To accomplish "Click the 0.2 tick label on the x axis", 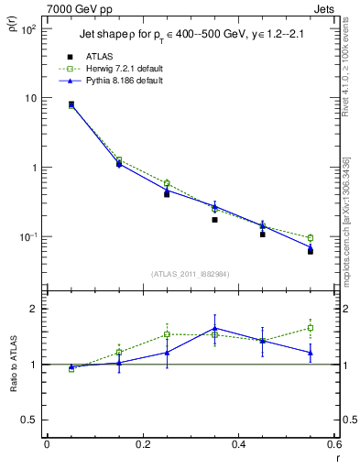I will tap(142, 445).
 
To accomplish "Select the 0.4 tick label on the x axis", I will tap(238, 445).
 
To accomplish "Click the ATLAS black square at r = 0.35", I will tap(214, 220).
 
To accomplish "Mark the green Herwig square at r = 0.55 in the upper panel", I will tap(311, 238).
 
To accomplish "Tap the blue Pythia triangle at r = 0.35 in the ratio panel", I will tap(214, 328).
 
